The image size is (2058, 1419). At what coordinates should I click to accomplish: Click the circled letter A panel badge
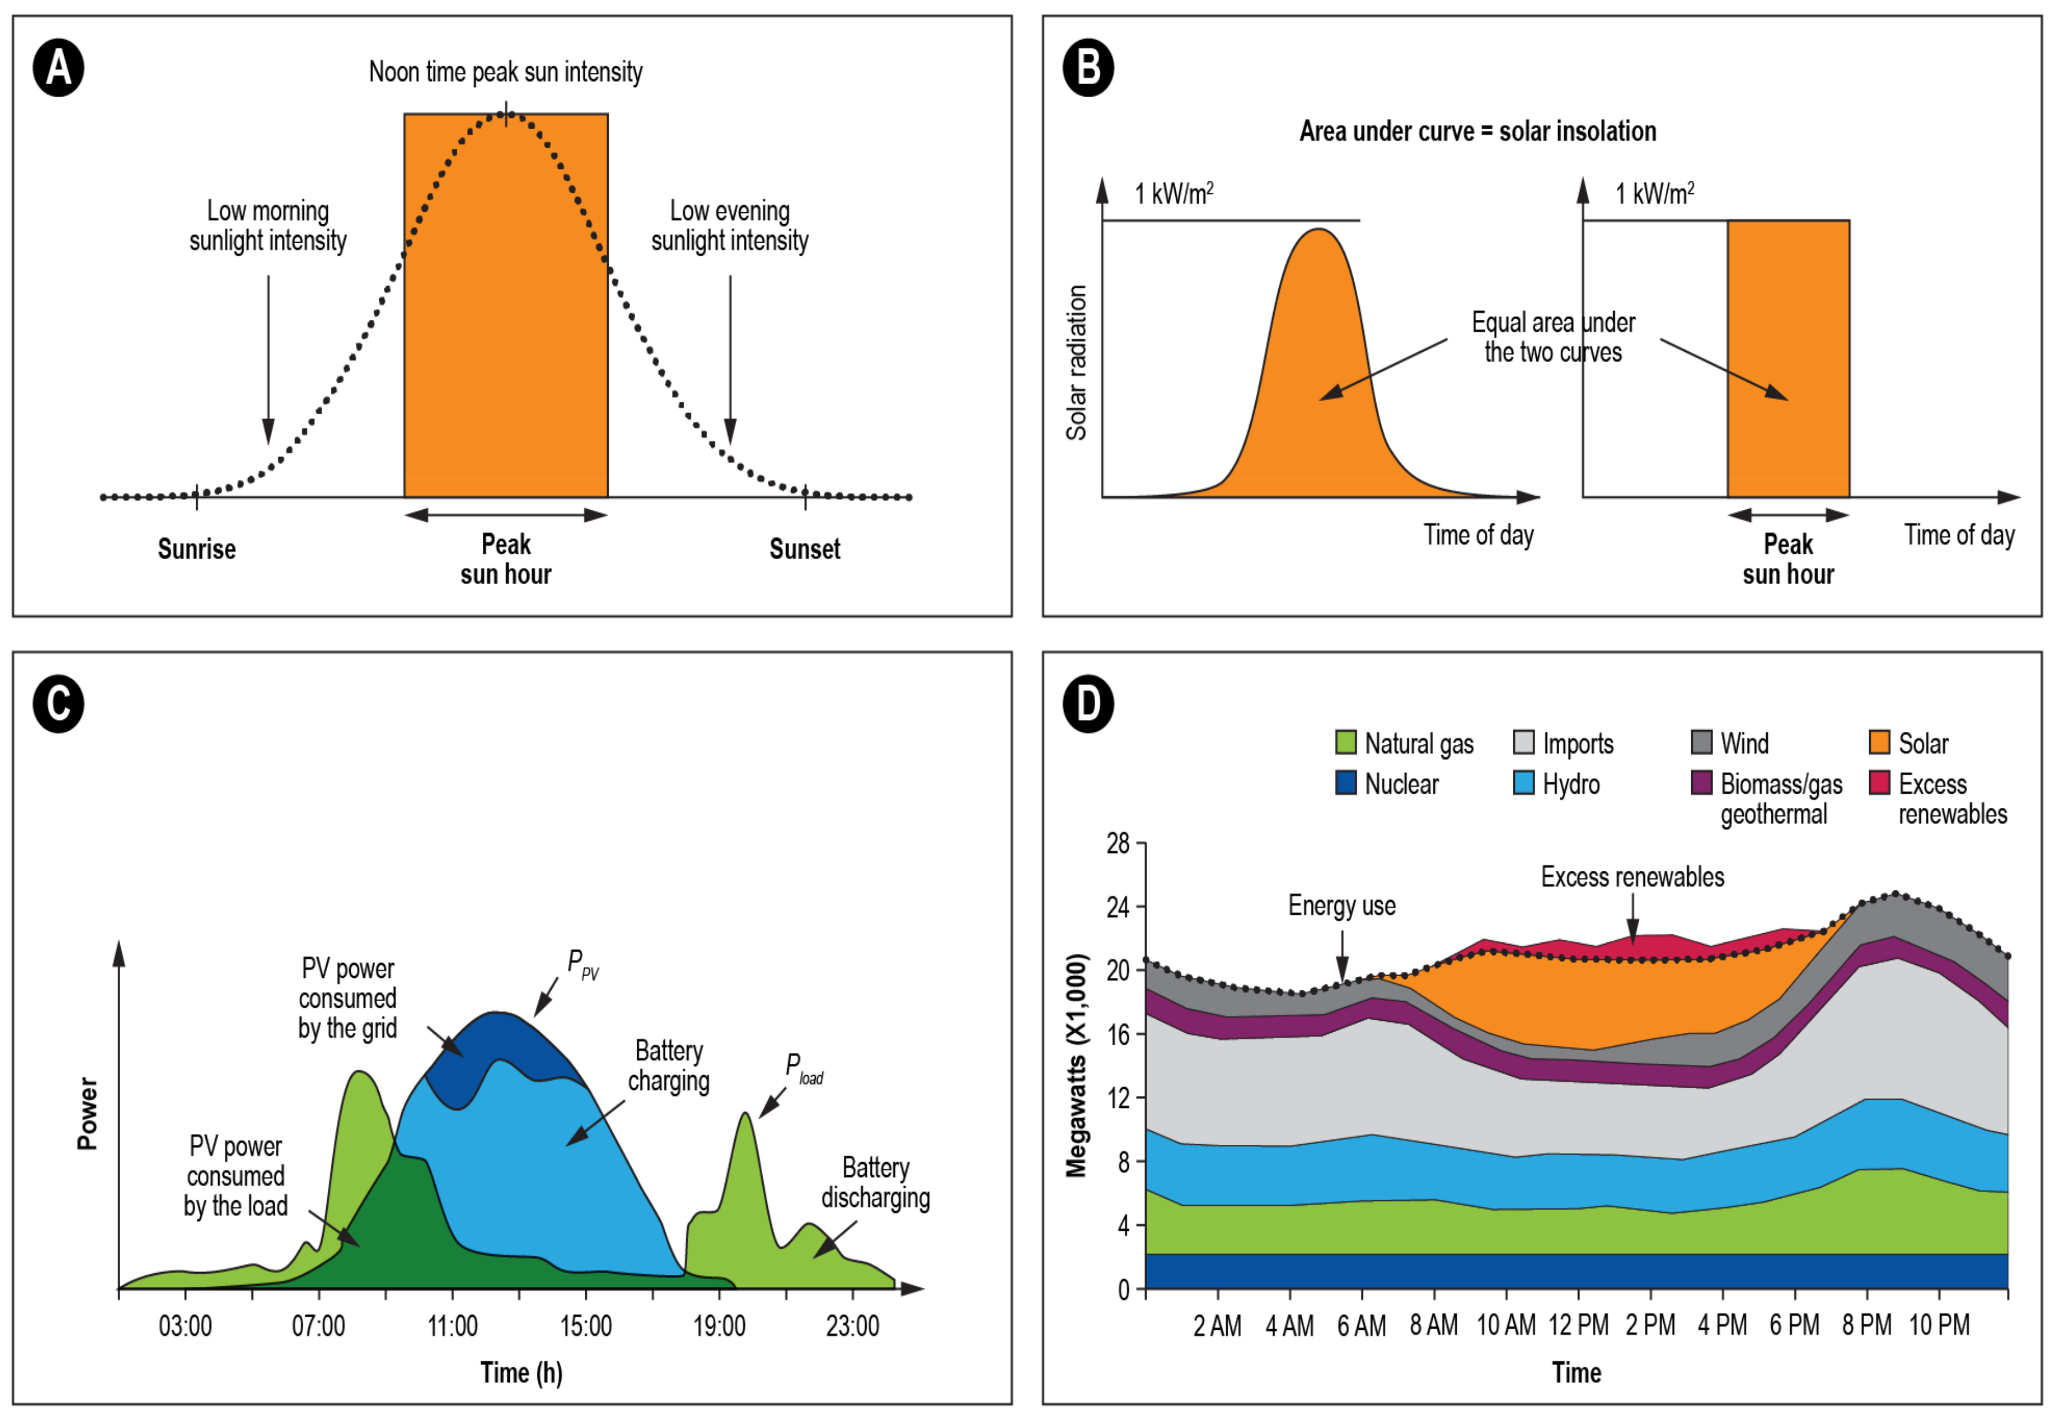pyautogui.click(x=59, y=69)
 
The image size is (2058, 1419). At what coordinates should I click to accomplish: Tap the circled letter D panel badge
pyautogui.click(x=1088, y=704)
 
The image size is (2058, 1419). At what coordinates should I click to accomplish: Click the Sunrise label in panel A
pyautogui.click(x=196, y=549)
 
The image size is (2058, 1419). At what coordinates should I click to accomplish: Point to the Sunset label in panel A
pyautogui.click(x=804, y=549)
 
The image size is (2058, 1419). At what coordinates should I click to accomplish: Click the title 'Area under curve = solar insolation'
pyautogui.click(x=1477, y=132)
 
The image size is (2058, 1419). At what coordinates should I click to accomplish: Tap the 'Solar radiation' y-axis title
pyautogui.click(x=1077, y=363)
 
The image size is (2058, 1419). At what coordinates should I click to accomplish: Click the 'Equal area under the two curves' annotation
pyautogui.click(x=1553, y=337)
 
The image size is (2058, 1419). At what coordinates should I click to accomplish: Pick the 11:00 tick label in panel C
pyautogui.click(x=453, y=1326)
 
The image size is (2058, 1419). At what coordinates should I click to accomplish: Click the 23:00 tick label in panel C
pyautogui.click(x=852, y=1326)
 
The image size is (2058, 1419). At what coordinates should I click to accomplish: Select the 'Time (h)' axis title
pyautogui.click(x=521, y=1373)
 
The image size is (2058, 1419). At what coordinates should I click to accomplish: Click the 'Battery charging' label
pyautogui.click(x=668, y=1066)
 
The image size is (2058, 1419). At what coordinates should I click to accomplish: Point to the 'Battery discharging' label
pyautogui.click(x=875, y=1183)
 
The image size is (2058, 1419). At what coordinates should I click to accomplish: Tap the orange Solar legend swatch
pyautogui.click(x=1879, y=742)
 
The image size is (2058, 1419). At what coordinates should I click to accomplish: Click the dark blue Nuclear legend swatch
pyautogui.click(x=1346, y=783)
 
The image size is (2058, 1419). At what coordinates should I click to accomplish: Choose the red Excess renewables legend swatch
pyautogui.click(x=1879, y=783)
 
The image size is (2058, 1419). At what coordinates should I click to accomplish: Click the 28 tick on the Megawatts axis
pyautogui.click(x=1119, y=843)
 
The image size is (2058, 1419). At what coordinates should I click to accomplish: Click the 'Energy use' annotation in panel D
pyautogui.click(x=1342, y=906)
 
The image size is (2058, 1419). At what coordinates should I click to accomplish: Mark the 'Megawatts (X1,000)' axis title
pyautogui.click(x=1077, y=1065)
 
